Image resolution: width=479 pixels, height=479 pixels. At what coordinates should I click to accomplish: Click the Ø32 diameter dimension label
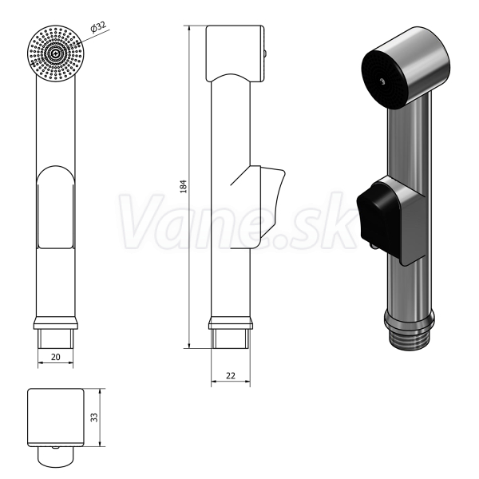(x=98, y=26)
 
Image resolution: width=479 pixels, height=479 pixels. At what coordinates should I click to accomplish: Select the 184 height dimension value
(x=184, y=186)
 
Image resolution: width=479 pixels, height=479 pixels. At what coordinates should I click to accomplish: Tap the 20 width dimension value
(x=56, y=357)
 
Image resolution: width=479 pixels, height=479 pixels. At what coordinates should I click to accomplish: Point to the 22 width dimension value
(x=231, y=375)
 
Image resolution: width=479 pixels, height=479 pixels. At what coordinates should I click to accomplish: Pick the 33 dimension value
(x=95, y=418)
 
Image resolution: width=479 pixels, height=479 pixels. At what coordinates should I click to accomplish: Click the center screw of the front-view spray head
(x=55, y=53)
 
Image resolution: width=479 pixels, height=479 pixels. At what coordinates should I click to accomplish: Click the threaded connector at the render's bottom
(x=409, y=341)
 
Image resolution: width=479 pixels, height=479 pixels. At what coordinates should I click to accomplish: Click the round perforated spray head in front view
(x=55, y=54)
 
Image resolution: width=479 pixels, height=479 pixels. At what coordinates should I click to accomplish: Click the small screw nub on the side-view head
(x=266, y=53)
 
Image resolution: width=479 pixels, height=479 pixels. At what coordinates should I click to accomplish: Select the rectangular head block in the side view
(x=235, y=53)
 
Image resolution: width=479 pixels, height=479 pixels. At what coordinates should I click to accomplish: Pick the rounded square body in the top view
(x=56, y=418)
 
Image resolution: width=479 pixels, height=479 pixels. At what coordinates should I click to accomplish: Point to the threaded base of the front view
(x=56, y=338)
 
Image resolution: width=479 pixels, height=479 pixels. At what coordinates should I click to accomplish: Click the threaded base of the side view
(x=231, y=338)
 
